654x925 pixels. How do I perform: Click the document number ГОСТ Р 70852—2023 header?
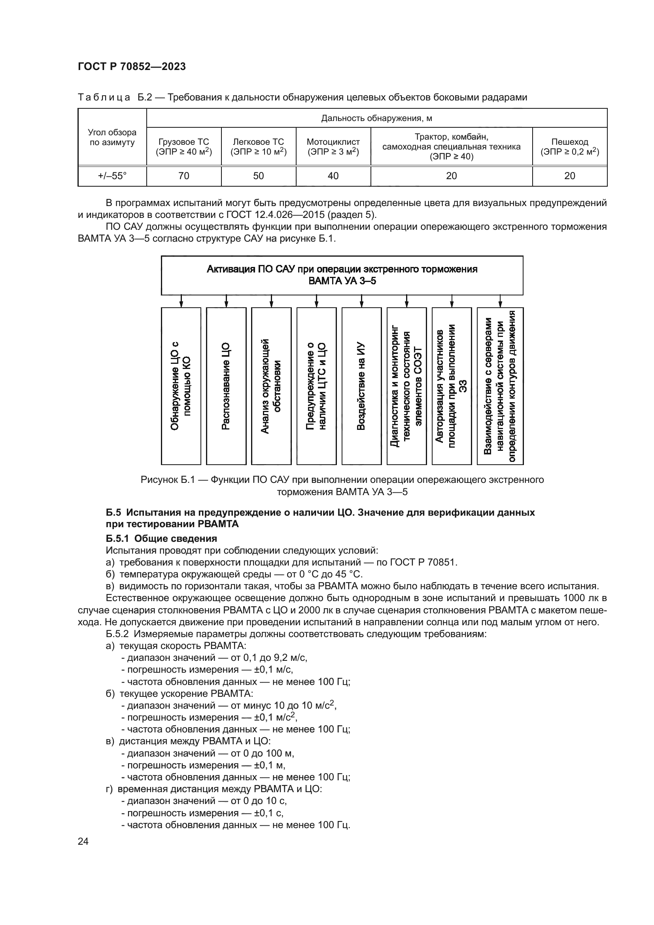pyautogui.click(x=132, y=67)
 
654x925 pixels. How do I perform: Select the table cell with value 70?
pyautogui.click(x=183, y=176)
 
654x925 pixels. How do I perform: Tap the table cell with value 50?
pyautogui.click(x=259, y=176)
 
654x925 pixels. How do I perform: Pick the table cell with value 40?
pyautogui.click(x=333, y=176)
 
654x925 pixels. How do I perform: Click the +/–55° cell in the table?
pyautogui.click(x=112, y=176)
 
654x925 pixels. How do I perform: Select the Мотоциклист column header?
pyautogui.click(x=333, y=147)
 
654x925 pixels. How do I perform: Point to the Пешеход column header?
pyautogui.click(x=569, y=147)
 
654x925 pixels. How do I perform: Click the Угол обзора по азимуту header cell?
pyautogui.click(x=112, y=137)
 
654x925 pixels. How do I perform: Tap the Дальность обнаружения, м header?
pyautogui.click(x=376, y=118)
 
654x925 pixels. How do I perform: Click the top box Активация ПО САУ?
pyautogui.click(x=342, y=275)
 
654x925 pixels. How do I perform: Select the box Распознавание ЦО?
pyautogui.click(x=226, y=386)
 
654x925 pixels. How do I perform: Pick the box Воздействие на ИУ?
pyautogui.click(x=361, y=386)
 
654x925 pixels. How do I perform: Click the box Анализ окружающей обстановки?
pyautogui.click(x=271, y=386)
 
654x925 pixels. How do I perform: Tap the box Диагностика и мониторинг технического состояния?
pyautogui.click(x=406, y=386)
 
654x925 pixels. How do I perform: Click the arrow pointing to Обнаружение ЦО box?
pyautogui.click(x=181, y=301)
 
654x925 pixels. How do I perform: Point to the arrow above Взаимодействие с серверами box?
pyautogui.click(x=500, y=301)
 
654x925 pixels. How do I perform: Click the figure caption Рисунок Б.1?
pyautogui.click(x=342, y=486)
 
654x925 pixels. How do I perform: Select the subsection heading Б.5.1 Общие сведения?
pyautogui.click(x=161, y=539)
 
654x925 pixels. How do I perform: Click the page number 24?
pyautogui.click(x=83, y=841)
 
